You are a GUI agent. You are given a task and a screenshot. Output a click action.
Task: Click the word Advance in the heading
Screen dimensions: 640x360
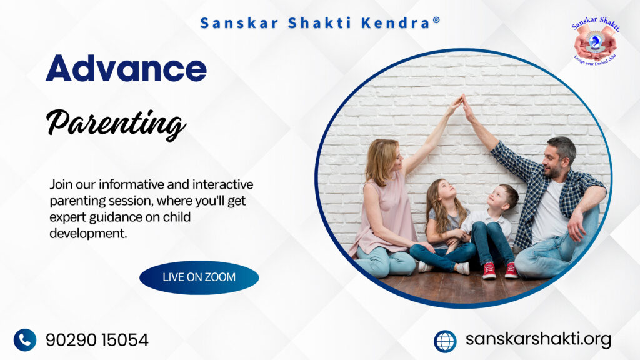126,68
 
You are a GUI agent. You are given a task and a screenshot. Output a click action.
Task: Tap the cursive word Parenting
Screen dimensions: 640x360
116,123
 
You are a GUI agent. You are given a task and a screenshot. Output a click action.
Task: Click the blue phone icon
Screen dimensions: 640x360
25,340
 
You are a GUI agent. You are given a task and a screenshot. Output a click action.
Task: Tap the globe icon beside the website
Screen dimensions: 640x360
445,341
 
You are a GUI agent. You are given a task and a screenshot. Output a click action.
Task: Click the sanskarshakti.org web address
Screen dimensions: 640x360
538,339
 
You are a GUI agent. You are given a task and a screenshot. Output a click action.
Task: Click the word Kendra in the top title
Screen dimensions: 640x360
396,23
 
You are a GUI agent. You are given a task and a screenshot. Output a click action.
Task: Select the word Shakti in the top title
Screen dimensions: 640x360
319,23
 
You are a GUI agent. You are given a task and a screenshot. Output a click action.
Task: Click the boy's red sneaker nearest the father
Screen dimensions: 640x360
511,271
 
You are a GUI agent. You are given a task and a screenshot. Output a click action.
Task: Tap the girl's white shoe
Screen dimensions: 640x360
463,268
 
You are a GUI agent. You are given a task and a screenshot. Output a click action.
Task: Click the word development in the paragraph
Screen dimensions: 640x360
88,234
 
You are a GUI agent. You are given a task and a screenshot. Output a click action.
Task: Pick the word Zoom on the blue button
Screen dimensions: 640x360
220,277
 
